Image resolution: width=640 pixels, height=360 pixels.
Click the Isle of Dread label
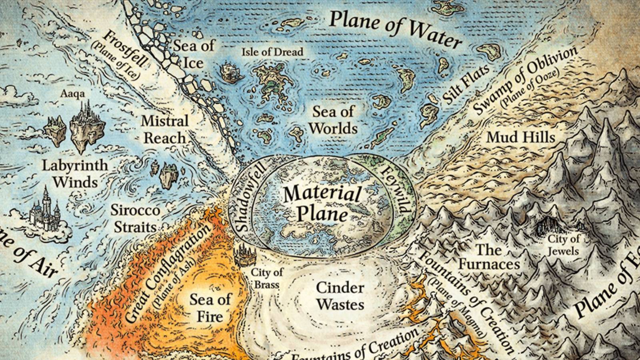pyautogui.click(x=272, y=52)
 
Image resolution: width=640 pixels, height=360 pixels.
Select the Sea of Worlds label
pyautogui.click(x=333, y=120)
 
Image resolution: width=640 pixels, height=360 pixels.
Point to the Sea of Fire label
pyautogui.click(x=210, y=308)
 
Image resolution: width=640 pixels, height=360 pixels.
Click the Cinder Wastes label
pyautogui.click(x=340, y=296)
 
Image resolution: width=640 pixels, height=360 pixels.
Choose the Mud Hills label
pyautogui.click(x=521, y=137)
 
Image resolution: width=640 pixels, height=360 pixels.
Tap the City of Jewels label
pyautogui.click(x=563, y=245)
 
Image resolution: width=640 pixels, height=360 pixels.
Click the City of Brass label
pyautogui.click(x=266, y=278)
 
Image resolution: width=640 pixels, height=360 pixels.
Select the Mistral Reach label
pyautogui.click(x=164, y=129)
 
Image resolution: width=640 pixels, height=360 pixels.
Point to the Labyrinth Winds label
pyautogui.click(x=75, y=173)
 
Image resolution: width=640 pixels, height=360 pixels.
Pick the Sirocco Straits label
pyautogui.click(x=135, y=218)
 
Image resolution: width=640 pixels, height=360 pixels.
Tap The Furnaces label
pyautogui.click(x=489, y=257)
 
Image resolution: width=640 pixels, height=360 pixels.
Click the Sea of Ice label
pyautogui.click(x=194, y=54)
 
